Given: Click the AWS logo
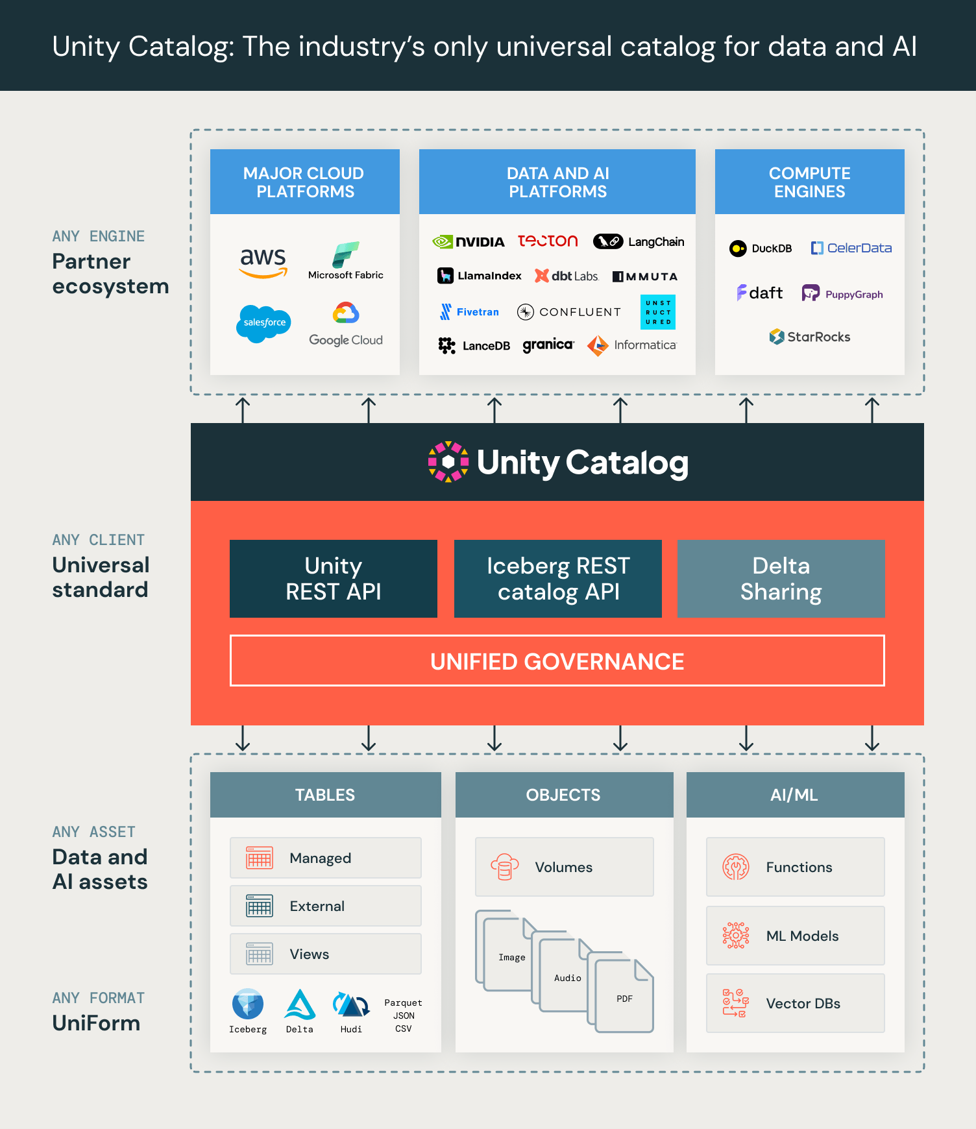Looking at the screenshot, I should click(x=263, y=262).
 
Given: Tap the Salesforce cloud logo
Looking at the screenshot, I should click(x=263, y=322).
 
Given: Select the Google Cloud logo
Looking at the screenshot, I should click(x=346, y=324).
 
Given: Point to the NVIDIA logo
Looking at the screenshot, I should click(x=469, y=242).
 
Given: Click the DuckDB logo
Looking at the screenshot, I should click(x=761, y=249).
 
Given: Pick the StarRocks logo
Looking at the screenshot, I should click(x=809, y=337).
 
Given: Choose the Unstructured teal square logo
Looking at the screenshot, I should click(x=658, y=312).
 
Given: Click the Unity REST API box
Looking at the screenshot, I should click(x=334, y=579).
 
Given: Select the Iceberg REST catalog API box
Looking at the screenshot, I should click(x=558, y=579).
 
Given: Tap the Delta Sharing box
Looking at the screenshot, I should click(x=781, y=579).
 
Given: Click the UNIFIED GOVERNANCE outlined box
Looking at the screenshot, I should click(x=557, y=661).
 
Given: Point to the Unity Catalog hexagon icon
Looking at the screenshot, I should click(x=448, y=462).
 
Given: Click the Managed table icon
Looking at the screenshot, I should click(x=260, y=858).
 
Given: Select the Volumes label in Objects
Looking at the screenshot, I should click(x=563, y=868).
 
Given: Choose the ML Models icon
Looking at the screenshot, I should click(x=736, y=936).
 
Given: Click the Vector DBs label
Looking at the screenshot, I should click(x=803, y=1004).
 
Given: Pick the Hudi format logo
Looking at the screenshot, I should click(x=351, y=1006).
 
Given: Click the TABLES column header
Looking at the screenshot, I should click(x=325, y=795).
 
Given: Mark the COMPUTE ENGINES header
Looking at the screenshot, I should click(x=809, y=182).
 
